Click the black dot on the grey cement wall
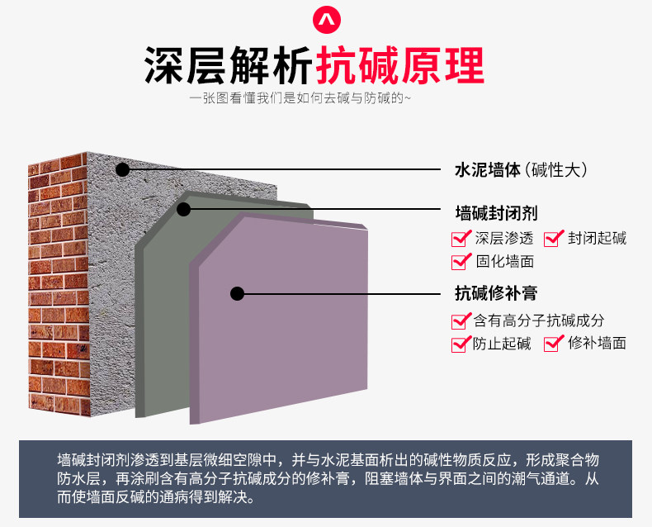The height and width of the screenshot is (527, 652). pyautogui.click(x=123, y=170)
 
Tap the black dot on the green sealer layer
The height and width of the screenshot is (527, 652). pyautogui.click(x=183, y=210)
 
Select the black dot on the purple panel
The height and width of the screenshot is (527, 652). pyautogui.click(x=238, y=292)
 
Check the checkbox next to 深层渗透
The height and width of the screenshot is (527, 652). pyautogui.click(x=461, y=240)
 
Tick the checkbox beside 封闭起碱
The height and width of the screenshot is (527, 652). pyautogui.click(x=554, y=240)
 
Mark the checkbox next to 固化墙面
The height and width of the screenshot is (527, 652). pyautogui.click(x=461, y=262)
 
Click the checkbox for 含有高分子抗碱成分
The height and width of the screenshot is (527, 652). pyautogui.click(x=461, y=320)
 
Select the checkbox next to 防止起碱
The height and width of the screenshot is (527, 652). pyautogui.click(x=460, y=344)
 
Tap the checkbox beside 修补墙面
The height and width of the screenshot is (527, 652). pyautogui.click(x=553, y=344)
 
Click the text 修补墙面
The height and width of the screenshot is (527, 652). pyautogui.click(x=597, y=343)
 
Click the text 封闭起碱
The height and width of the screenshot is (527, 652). pyautogui.click(x=597, y=239)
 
